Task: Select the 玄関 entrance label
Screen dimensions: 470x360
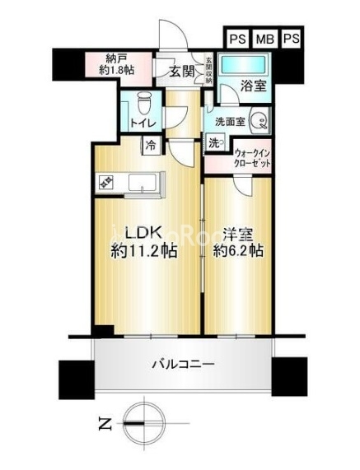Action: click(181, 72)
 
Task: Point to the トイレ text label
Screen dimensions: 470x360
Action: click(142, 123)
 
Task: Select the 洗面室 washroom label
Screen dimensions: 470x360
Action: click(230, 122)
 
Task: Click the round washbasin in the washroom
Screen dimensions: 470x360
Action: click(257, 123)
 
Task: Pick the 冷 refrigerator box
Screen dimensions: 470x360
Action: click(151, 146)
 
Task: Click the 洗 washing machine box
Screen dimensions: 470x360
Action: click(213, 142)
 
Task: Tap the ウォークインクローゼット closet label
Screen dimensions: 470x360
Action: click(253, 158)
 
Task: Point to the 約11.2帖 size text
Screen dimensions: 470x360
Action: click(145, 253)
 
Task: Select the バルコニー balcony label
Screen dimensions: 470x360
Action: click(184, 363)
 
